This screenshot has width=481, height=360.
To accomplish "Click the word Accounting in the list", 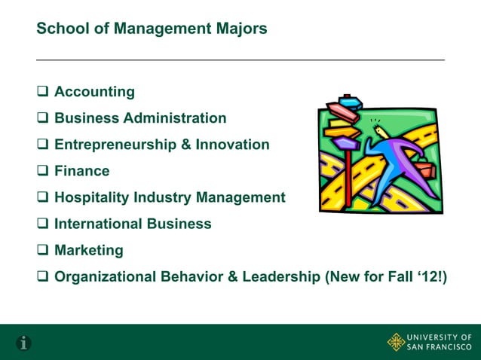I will tap(94, 93).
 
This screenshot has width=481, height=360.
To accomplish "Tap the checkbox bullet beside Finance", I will tap(43, 171).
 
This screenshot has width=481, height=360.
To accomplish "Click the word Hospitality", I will tap(90, 197).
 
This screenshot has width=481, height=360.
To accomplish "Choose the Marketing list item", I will tap(88, 250).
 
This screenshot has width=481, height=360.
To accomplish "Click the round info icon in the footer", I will tap(24, 343).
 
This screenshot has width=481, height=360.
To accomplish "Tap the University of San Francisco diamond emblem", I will tap(396, 341).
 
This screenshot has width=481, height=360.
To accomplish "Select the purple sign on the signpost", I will tap(346, 142).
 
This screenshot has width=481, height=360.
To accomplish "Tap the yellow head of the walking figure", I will tap(379, 134).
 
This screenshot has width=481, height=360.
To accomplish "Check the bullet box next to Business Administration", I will tap(43, 118).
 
